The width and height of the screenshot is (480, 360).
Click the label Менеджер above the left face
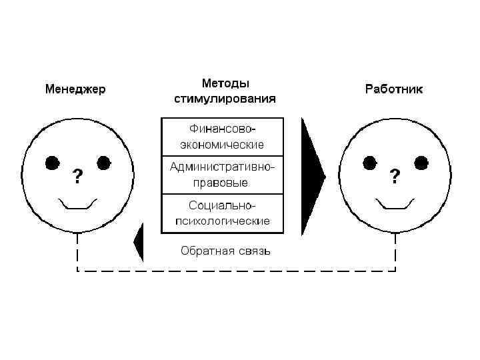coord(75,89)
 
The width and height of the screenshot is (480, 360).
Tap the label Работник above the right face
coord(394,89)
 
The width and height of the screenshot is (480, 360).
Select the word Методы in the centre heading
coord(226,84)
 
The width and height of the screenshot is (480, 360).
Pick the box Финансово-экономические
coord(223,136)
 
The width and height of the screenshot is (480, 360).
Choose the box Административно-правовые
coord(223,175)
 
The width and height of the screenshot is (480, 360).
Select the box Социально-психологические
coord(223,213)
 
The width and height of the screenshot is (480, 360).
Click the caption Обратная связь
coord(226,251)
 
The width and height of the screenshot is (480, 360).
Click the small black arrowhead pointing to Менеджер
coord(139,242)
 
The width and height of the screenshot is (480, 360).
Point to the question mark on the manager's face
coord(78,176)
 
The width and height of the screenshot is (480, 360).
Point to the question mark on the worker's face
coord(395,176)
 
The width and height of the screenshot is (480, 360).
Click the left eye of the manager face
coord(52,162)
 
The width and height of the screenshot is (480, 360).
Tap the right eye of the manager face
coord(104,162)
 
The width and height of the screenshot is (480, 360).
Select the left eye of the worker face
coord(369,162)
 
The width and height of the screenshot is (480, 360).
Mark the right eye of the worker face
coord(421,162)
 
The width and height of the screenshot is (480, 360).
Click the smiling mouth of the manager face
coord(78,203)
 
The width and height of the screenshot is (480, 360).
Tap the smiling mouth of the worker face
coord(395,203)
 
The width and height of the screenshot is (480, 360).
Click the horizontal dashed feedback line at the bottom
coord(237,271)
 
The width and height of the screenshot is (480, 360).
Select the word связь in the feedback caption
coord(254,251)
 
